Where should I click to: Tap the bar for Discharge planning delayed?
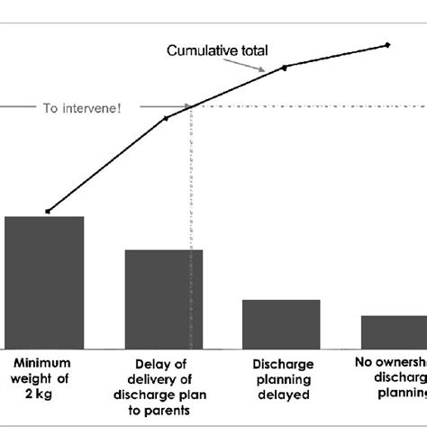point(281,323)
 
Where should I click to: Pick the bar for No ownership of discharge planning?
point(394,331)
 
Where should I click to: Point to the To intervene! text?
point(82,107)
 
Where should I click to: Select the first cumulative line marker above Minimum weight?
point(48,212)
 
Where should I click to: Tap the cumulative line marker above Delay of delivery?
point(166,118)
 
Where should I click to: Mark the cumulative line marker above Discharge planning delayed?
point(285,68)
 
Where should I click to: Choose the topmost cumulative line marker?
point(388,44)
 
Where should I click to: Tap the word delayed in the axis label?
point(283,394)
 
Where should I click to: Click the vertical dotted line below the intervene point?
point(189,225)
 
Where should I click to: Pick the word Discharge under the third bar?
point(284,364)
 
